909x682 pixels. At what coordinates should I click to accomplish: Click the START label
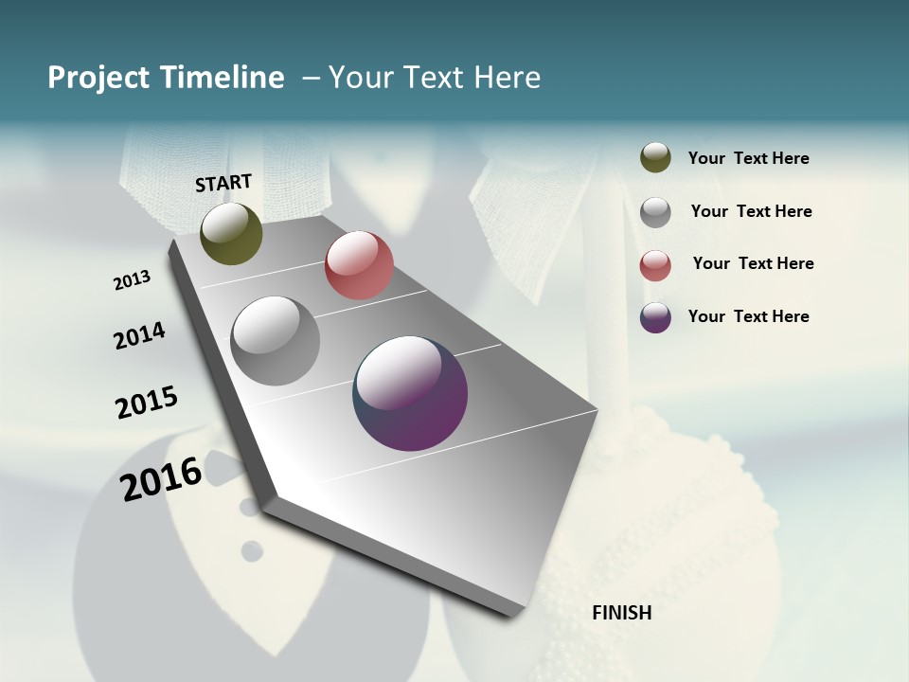pyautogui.click(x=223, y=183)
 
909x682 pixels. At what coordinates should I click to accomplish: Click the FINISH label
pyautogui.click(x=622, y=613)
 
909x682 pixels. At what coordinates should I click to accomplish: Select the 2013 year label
pyautogui.click(x=133, y=280)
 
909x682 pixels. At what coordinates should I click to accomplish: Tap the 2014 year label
pyautogui.click(x=140, y=335)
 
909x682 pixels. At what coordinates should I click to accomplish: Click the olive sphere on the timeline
pyautogui.click(x=231, y=233)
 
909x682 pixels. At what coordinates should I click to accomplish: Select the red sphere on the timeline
pyautogui.click(x=359, y=265)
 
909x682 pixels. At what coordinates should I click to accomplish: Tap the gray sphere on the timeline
pyautogui.click(x=275, y=341)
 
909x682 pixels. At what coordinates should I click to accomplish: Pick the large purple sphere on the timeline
pyautogui.click(x=410, y=393)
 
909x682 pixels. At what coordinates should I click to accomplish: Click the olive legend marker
pyautogui.click(x=655, y=157)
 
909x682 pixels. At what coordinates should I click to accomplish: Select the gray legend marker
pyautogui.click(x=655, y=212)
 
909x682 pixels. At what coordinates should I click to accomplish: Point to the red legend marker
pyautogui.click(x=655, y=265)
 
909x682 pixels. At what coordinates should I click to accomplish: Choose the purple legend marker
pyautogui.click(x=655, y=317)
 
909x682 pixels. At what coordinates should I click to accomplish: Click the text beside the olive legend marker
pyautogui.click(x=748, y=159)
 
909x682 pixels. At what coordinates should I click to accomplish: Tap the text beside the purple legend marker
pyautogui.click(x=748, y=316)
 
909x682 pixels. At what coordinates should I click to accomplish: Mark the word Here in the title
pyautogui.click(x=507, y=78)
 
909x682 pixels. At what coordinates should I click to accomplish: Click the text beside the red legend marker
pyautogui.click(x=753, y=263)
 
